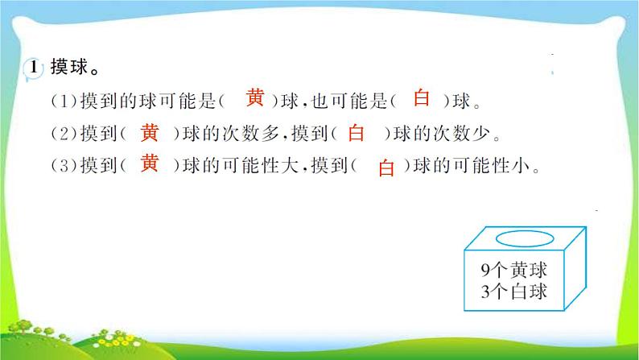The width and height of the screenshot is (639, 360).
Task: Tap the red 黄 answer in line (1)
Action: coord(254,99)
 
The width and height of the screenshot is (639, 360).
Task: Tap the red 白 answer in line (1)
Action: coord(422,99)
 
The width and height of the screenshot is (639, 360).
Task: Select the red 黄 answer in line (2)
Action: coord(150,131)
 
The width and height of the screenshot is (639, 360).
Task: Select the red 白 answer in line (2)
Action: coord(357,132)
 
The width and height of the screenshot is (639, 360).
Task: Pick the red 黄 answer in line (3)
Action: coord(150,163)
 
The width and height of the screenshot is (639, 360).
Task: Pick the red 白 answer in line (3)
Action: coord(387,168)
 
